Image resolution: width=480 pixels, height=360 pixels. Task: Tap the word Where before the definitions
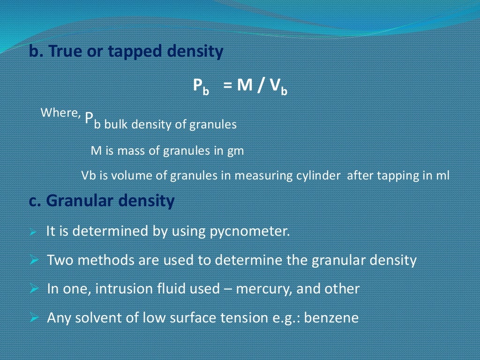click(x=59, y=113)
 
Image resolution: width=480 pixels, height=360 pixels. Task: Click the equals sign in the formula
click(x=228, y=86)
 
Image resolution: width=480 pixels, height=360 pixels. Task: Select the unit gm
click(x=236, y=151)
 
